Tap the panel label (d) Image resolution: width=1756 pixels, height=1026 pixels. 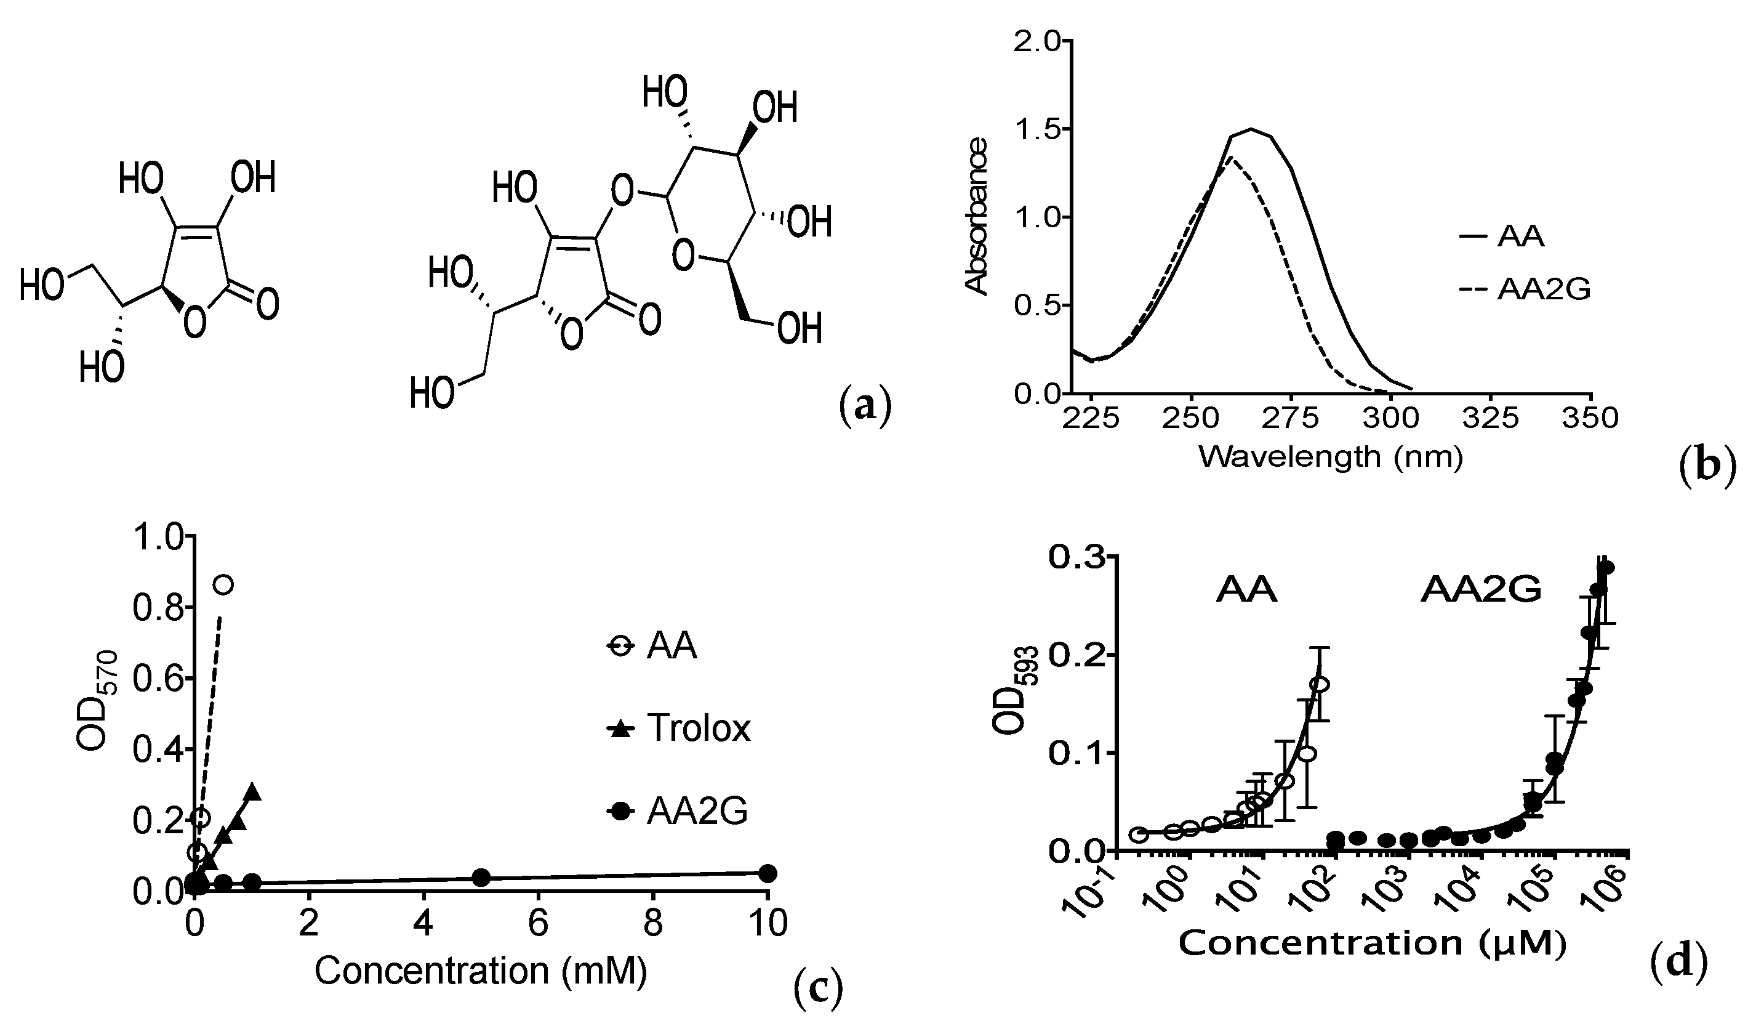(1679, 961)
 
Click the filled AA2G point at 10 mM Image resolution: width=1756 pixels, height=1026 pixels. (767, 873)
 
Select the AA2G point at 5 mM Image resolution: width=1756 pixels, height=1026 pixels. (481, 877)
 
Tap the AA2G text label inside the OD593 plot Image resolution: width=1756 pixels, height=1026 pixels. (1481, 591)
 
